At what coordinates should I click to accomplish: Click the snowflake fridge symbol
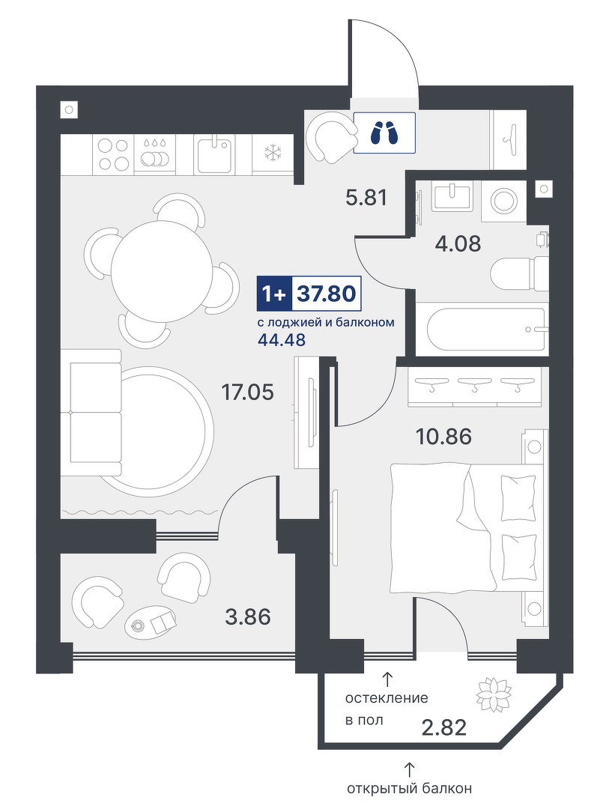coord(272,153)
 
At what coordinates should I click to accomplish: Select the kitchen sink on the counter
coord(215,154)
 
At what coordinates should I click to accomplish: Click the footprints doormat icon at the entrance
coord(384,133)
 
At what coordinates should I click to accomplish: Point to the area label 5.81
coord(366,197)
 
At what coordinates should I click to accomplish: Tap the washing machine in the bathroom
coord(503,200)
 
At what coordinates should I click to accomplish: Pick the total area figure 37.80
coord(326,294)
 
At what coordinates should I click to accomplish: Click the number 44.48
coord(281,340)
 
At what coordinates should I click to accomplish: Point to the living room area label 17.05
coord(247,393)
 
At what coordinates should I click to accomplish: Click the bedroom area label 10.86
coord(444,437)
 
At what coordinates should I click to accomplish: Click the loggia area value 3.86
coord(248,616)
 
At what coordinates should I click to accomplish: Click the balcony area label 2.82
coord(444,727)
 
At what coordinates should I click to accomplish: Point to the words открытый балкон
coord(409,788)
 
